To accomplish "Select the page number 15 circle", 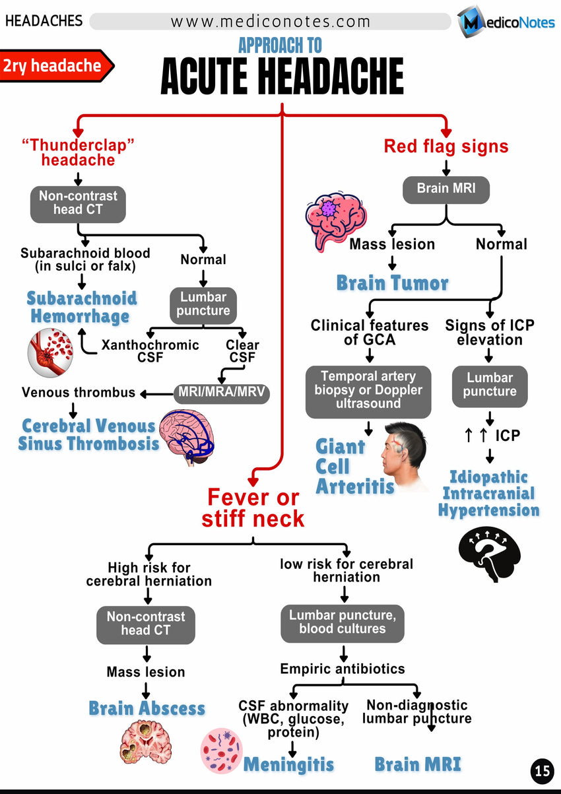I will pyautogui.click(x=542, y=770).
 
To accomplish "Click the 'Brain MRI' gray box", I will pyautogui.click(x=447, y=189).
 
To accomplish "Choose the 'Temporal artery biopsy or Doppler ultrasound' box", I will pyautogui.click(x=368, y=390).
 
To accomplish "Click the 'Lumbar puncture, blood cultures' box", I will pyautogui.click(x=342, y=622).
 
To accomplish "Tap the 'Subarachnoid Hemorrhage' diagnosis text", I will pyautogui.click(x=81, y=307).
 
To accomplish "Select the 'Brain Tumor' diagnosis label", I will pyautogui.click(x=392, y=283).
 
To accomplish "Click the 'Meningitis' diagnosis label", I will pyautogui.click(x=288, y=765).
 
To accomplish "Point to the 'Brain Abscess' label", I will pyautogui.click(x=147, y=708).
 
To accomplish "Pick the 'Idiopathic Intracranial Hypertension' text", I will pyautogui.click(x=488, y=494).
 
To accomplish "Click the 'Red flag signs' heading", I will pyautogui.click(x=446, y=145).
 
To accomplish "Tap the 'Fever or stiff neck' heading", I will pyautogui.click(x=253, y=508).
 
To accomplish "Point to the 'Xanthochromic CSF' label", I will pyautogui.click(x=150, y=351).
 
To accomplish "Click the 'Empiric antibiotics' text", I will pyautogui.click(x=342, y=669).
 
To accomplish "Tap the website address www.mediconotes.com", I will pyautogui.click(x=271, y=21).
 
